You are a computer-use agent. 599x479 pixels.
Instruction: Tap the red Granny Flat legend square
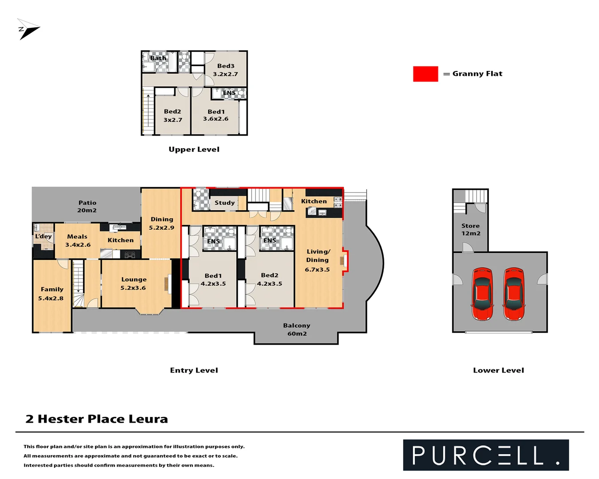point(425,74)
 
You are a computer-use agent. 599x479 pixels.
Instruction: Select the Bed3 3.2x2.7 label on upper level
point(225,70)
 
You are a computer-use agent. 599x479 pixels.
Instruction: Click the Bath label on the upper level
point(158,58)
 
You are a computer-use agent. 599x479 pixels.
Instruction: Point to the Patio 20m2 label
point(87,206)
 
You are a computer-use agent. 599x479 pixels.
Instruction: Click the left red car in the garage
point(482,294)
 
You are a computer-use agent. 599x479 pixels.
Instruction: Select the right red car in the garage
point(514,294)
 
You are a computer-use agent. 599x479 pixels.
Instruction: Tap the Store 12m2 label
point(470,229)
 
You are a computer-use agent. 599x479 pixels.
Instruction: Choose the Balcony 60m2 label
point(297,330)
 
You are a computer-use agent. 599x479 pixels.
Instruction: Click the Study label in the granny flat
point(225,203)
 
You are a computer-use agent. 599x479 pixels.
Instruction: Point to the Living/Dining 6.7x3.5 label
point(318,260)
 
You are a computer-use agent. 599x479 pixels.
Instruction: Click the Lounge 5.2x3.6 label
point(134,283)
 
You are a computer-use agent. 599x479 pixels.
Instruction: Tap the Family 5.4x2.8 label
point(51,294)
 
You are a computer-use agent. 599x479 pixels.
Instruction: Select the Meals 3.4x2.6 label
point(78,240)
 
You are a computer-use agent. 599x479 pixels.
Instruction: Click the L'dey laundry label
point(43,236)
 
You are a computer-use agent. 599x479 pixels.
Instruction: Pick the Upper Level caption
point(194,149)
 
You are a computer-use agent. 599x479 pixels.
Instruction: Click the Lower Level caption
point(498,370)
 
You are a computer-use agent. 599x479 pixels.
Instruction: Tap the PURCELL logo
point(486,455)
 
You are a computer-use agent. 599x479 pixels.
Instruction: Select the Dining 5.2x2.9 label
point(162,223)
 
